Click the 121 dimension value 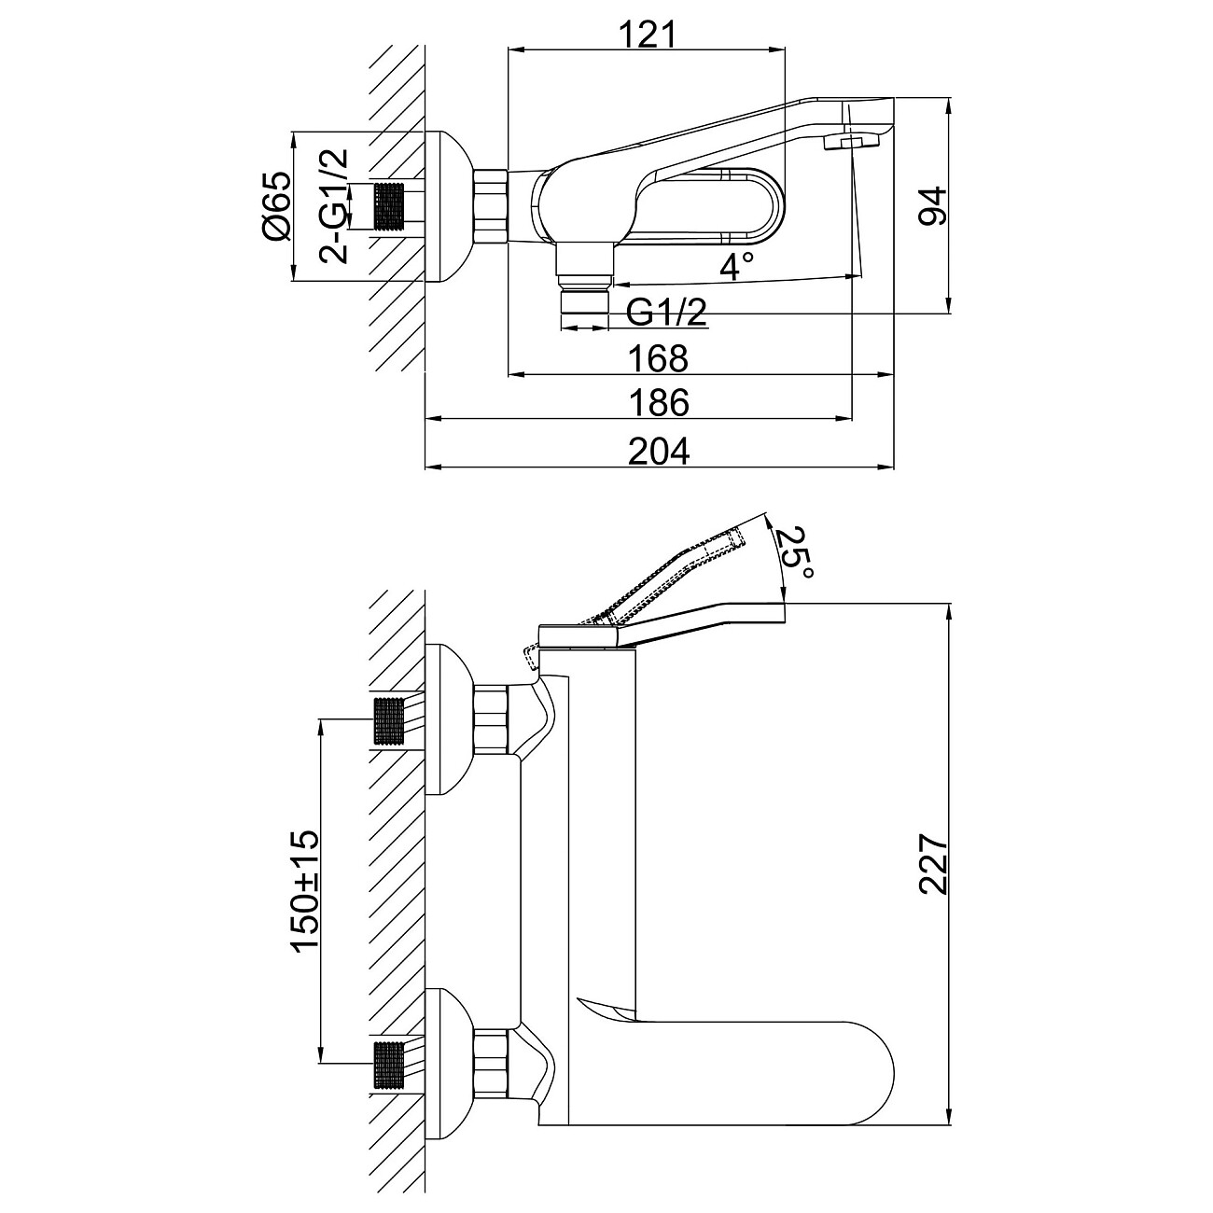(x=646, y=35)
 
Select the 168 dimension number (x=659, y=357)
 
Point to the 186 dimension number (x=659, y=403)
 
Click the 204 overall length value (x=659, y=451)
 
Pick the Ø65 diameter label (x=277, y=207)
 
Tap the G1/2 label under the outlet (x=665, y=313)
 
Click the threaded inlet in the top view (x=392, y=206)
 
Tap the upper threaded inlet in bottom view (x=390, y=720)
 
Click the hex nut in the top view (x=490, y=206)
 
